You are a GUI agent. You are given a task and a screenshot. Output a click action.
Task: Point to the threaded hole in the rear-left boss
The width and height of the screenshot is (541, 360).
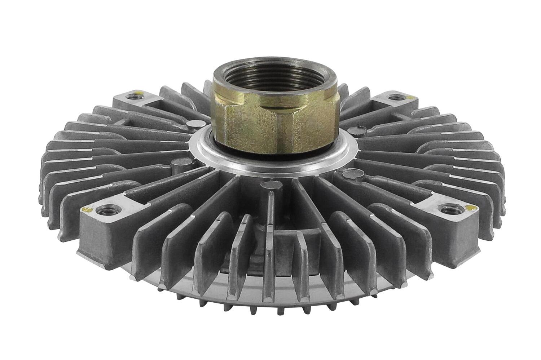click(x=130, y=96)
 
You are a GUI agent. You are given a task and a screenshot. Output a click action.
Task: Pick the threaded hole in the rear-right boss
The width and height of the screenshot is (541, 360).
click(x=395, y=97)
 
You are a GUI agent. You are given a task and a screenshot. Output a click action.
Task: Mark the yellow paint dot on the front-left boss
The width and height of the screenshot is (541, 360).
click(x=87, y=209)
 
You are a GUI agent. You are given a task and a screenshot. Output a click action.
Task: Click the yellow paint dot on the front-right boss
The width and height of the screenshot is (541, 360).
click(x=469, y=207)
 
